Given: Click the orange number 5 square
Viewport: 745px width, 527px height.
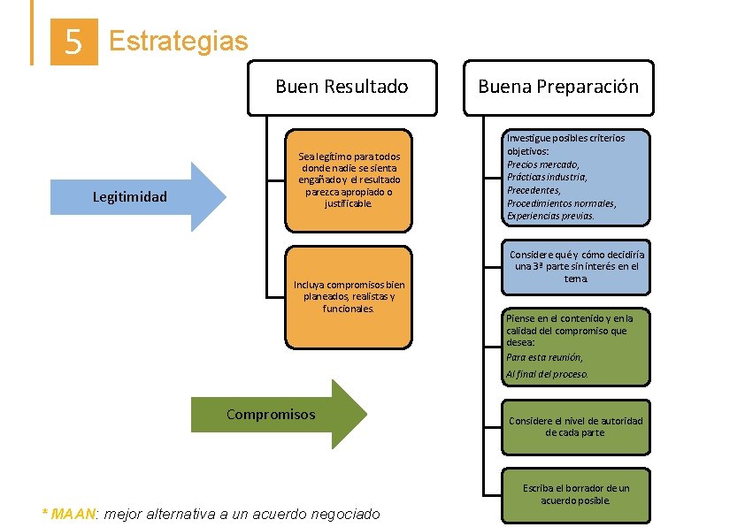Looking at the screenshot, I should [74, 42].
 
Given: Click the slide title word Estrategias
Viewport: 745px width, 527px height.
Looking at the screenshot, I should [178, 41].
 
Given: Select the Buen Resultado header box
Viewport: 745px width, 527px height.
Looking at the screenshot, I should [342, 88].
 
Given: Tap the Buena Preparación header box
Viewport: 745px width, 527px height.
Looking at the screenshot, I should [558, 88].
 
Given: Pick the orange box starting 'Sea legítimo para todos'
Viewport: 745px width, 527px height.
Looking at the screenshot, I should [349, 179].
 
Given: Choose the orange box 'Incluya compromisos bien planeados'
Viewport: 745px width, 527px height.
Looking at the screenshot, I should [349, 297].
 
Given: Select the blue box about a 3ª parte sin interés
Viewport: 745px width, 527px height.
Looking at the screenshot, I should [575, 266].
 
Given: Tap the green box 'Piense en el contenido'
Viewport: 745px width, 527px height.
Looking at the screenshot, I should [575, 345].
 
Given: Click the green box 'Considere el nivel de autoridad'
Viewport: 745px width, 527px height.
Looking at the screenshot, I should [575, 426].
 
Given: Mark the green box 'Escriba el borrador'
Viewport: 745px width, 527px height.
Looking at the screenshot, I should [575, 494].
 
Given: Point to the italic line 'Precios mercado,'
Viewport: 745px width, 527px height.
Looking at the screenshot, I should [543, 164].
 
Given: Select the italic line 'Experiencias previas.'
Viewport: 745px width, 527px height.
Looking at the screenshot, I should [550, 216].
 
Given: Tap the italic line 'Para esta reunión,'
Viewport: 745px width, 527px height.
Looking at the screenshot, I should [544, 358].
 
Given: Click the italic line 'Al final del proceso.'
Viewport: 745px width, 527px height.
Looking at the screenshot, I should [547, 374].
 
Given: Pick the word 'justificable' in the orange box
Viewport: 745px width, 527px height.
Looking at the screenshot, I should [349, 203].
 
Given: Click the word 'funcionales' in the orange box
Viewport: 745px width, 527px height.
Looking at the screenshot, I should [349, 309].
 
